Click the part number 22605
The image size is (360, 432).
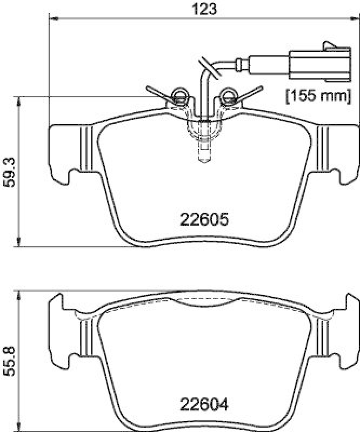(x=204, y=220)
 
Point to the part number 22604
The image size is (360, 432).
(x=204, y=403)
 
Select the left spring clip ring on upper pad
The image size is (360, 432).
(x=178, y=97)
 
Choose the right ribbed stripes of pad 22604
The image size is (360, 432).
(x=323, y=335)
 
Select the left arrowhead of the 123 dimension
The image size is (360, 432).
(x=53, y=20)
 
